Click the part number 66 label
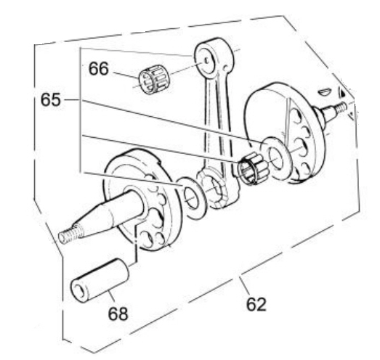point(98,69)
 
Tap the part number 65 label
point(51,99)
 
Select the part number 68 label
point(118,314)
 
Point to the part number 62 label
point(256,304)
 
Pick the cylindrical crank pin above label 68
point(100,280)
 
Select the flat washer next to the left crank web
point(192,198)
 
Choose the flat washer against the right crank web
point(275,158)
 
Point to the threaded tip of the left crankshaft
point(70,234)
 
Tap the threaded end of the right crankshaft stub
point(341,107)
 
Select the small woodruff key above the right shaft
point(323,91)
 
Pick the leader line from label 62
point(244,286)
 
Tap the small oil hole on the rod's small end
point(206,60)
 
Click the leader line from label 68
point(110,298)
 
